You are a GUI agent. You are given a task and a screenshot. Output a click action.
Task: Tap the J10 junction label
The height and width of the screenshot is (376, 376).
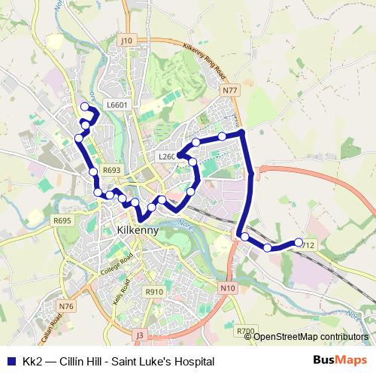pos(126,41)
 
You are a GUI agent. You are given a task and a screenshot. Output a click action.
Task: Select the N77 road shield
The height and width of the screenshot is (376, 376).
pos(230,90)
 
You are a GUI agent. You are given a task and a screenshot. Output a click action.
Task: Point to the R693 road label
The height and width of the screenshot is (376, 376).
pos(112,171)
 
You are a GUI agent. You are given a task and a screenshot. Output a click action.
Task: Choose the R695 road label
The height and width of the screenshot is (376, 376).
pos(62,220)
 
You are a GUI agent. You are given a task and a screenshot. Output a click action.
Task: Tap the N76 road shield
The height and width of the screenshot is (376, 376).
pos(66,306)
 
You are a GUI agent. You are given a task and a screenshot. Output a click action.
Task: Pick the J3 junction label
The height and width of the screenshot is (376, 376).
pos(138,334)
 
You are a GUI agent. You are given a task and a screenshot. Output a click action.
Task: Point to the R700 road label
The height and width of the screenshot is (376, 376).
pos(245,330)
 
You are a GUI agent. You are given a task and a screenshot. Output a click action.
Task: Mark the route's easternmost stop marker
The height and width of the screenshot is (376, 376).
pos(299,242)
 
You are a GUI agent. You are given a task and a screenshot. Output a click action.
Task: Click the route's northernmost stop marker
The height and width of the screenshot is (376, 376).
pos(85,107)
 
